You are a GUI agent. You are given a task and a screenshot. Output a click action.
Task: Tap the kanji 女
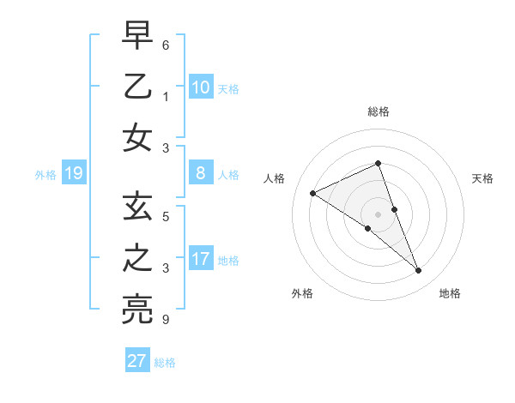click(x=137, y=137)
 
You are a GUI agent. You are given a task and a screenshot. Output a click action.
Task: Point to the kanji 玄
click(x=137, y=208)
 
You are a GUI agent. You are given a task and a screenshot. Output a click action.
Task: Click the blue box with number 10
click(x=201, y=87)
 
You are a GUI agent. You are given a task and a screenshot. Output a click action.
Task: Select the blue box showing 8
click(x=201, y=173)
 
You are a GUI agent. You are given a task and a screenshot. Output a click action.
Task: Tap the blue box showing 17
click(x=201, y=259)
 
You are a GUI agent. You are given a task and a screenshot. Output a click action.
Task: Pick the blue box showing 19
click(x=73, y=174)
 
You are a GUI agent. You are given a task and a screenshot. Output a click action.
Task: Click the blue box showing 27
click(x=137, y=361)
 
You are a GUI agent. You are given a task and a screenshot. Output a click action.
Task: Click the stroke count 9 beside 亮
click(x=166, y=321)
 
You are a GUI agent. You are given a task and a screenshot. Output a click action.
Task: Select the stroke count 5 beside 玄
click(x=166, y=217)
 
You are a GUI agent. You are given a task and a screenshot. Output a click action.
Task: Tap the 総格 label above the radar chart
click(x=379, y=111)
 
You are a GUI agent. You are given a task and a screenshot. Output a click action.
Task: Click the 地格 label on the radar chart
click(x=450, y=293)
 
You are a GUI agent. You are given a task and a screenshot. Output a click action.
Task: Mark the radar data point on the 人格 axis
click(x=312, y=193)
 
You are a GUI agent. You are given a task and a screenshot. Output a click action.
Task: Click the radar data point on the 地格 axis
click(x=419, y=271)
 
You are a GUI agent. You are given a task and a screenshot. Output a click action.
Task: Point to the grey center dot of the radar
click(x=379, y=213)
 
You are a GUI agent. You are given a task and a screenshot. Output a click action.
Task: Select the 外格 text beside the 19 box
click(x=45, y=175)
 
